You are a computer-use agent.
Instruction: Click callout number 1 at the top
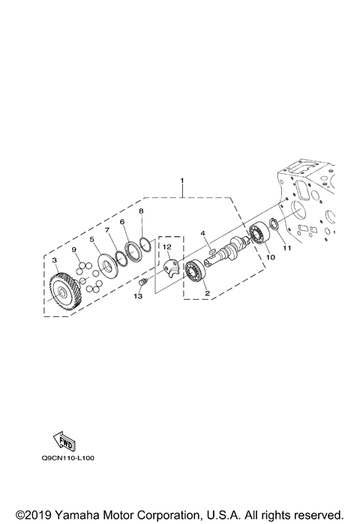pos(182,181)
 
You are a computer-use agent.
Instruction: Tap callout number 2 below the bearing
pos(207,293)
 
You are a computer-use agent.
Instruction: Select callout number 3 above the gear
pos(55,259)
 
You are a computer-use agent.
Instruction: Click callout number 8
pos(141,211)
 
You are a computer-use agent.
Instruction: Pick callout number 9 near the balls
pos(74,250)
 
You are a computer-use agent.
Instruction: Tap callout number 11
pos(287,248)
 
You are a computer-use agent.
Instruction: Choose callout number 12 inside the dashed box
pos(167,247)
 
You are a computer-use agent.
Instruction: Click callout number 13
pos(138,296)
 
